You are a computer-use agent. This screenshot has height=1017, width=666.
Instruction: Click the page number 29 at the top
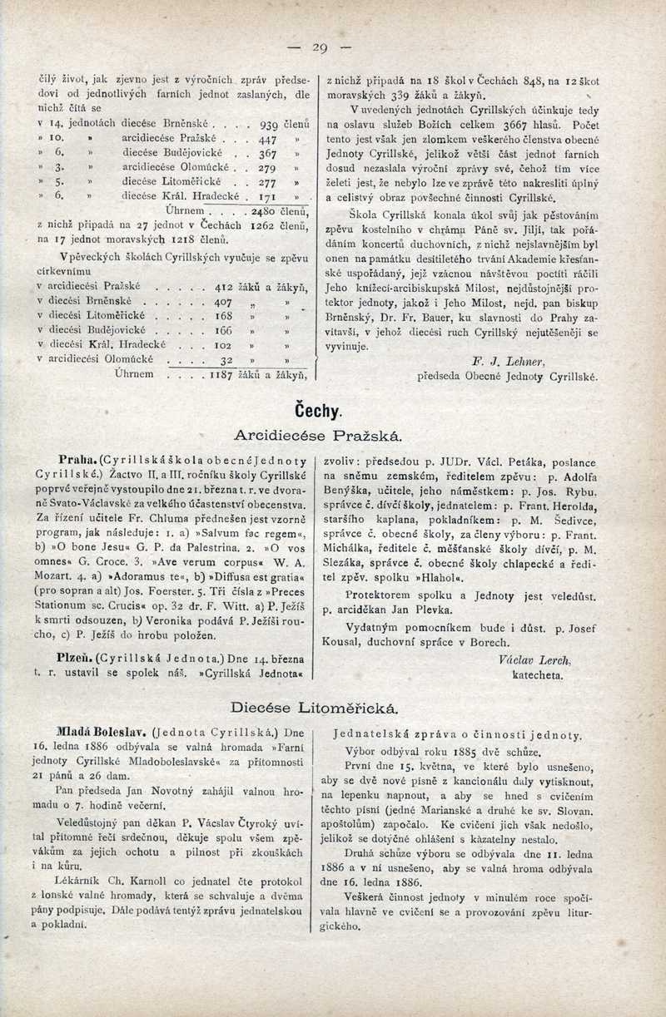321,47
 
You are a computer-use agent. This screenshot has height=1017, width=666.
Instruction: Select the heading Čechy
319,411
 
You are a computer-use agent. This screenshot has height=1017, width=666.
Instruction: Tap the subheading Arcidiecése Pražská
319,435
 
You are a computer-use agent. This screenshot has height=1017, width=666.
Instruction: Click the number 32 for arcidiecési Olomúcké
224,359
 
